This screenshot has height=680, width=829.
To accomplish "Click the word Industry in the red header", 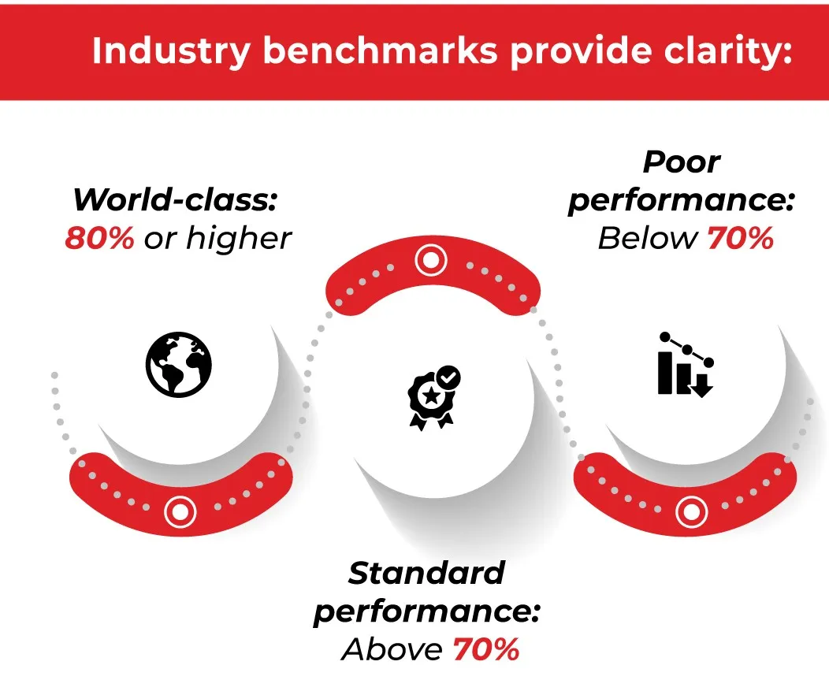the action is [x=171, y=50].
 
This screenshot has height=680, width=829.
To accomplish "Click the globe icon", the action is [x=179, y=364].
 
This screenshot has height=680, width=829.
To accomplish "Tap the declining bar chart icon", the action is [x=686, y=364].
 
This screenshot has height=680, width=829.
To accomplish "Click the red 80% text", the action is [x=99, y=238].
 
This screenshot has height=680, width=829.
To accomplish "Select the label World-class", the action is [x=175, y=200].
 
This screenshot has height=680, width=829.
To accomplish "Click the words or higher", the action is [x=217, y=238].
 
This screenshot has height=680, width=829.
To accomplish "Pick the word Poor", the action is [x=682, y=162].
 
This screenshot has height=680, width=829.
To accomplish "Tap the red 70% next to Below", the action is [x=740, y=238].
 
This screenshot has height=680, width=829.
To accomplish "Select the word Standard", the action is [x=426, y=573].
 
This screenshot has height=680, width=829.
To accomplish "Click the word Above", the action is [x=392, y=649].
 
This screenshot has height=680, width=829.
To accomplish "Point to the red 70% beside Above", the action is [x=486, y=649].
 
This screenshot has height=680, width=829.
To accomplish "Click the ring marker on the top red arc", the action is [x=431, y=260].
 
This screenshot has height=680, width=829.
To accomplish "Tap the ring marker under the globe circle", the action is [x=180, y=512].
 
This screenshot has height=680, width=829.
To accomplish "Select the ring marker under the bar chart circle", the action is [x=692, y=512].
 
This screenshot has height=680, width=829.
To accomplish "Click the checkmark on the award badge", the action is [x=448, y=377].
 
